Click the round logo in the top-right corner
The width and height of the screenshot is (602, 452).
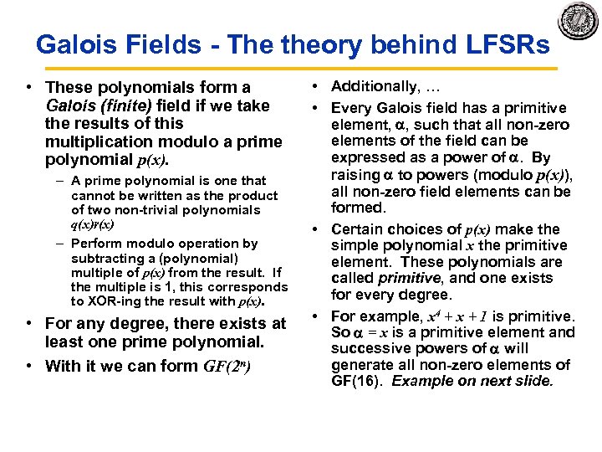click(579, 21)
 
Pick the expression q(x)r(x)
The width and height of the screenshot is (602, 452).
click(93, 224)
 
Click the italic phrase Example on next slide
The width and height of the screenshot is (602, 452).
click(472, 381)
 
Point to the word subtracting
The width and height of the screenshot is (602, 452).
click(106, 258)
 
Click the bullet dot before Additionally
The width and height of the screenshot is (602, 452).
click(320, 87)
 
